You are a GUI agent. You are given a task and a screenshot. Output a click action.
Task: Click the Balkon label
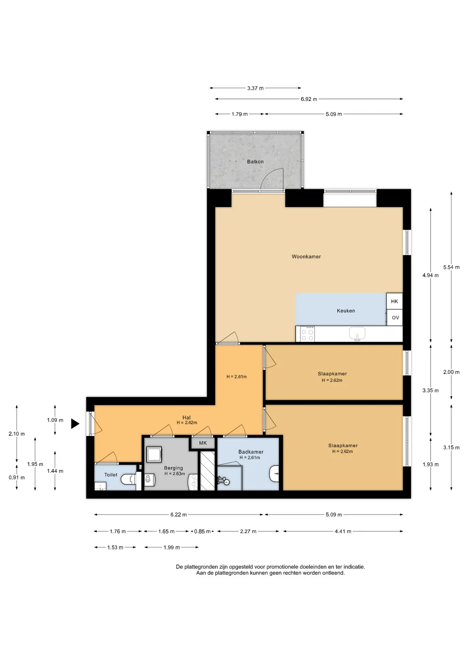click(x=255, y=162)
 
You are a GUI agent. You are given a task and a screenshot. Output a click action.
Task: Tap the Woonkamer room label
click(x=306, y=257)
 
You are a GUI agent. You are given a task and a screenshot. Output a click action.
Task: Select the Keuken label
click(x=346, y=311)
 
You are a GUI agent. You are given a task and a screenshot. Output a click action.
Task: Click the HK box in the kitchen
click(x=395, y=301)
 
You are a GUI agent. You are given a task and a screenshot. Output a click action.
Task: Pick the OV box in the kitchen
click(x=395, y=318)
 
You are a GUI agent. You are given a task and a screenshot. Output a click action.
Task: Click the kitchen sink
click(x=357, y=334)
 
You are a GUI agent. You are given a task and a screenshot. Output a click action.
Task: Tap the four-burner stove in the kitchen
click(x=307, y=334)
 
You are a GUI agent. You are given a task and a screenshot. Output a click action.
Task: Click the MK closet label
click(x=203, y=443)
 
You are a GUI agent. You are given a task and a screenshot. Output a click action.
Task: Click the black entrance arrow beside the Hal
click(x=75, y=423)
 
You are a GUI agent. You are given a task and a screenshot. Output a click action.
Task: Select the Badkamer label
click(x=251, y=452)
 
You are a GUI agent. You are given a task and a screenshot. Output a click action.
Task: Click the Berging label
click(x=173, y=468)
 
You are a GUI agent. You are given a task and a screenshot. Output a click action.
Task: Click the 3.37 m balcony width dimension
click(x=255, y=88)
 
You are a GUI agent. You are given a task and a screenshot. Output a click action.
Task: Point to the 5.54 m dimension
click(x=451, y=267)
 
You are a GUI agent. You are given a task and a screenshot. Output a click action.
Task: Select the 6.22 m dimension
click(x=179, y=515)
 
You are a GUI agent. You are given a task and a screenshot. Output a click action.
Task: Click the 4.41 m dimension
click(x=343, y=531)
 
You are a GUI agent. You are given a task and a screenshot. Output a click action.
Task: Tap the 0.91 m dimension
click(x=17, y=478)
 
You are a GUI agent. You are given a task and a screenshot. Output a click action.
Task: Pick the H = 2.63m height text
click(x=175, y=474)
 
